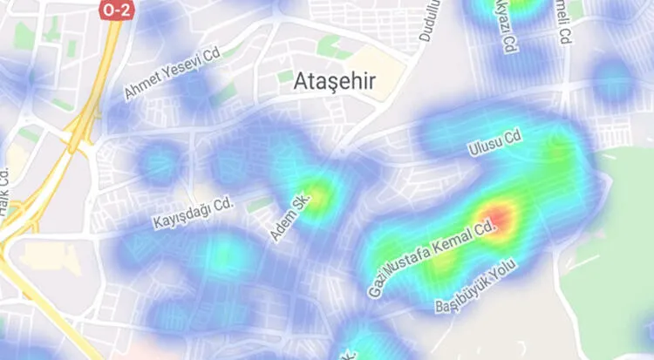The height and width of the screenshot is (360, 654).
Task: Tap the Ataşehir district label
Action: (335, 82)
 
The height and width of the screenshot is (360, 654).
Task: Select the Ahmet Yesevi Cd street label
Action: (174, 74)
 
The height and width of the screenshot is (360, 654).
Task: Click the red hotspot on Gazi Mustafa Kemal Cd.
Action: (500, 217)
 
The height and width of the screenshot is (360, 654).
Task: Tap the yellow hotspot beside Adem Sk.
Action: (317, 194)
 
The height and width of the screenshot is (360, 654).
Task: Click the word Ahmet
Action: (142, 87)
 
